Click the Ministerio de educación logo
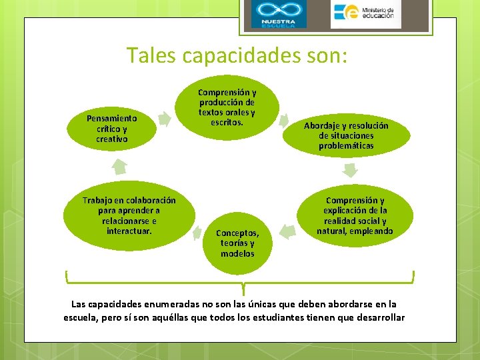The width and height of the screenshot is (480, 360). pyautogui.click(x=365, y=15)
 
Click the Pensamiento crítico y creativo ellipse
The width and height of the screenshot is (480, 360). pyautogui.click(x=111, y=129)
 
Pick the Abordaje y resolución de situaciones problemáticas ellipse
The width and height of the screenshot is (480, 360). pyautogui.click(x=346, y=135)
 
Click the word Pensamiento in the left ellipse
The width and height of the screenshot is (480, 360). pyautogui.click(x=111, y=118)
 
